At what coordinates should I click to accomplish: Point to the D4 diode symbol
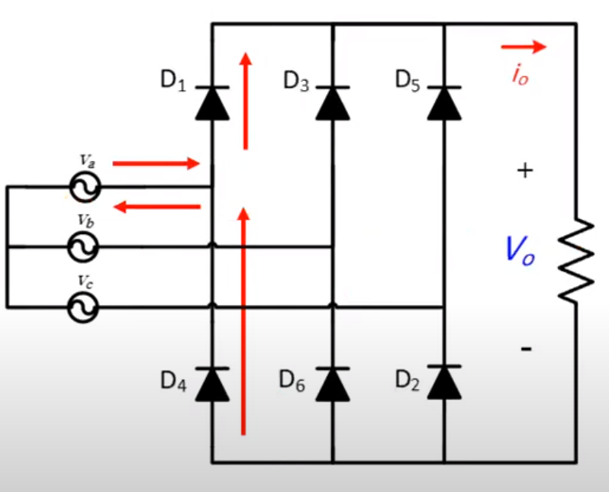(211, 384)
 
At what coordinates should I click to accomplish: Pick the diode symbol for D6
(333, 384)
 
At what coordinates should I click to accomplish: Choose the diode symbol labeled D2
(444, 384)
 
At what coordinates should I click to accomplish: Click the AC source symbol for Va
(84, 186)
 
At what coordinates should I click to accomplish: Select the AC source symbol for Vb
(84, 246)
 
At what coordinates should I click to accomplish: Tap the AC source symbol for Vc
(84, 307)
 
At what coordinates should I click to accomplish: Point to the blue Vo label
(520, 250)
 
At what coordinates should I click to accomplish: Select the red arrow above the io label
(524, 47)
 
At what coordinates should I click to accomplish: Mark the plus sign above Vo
(524, 171)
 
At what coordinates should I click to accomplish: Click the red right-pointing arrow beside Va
(156, 163)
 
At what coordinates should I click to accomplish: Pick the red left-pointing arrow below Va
(156, 206)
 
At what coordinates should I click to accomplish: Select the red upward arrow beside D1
(245, 99)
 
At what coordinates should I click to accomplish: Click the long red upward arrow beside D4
(244, 320)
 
